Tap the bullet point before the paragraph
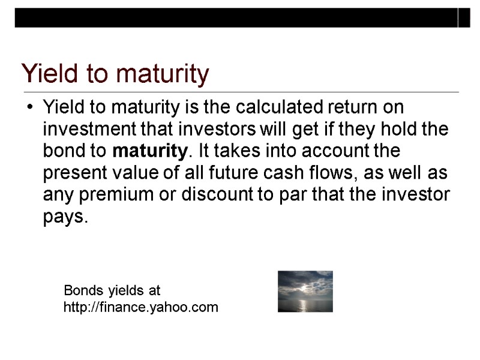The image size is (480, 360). [x=28, y=109]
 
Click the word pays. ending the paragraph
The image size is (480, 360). [x=65, y=217]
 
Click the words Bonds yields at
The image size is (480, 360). [x=112, y=292]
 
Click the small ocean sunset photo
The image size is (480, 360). [x=305, y=292]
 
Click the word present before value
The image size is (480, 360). [x=72, y=173]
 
